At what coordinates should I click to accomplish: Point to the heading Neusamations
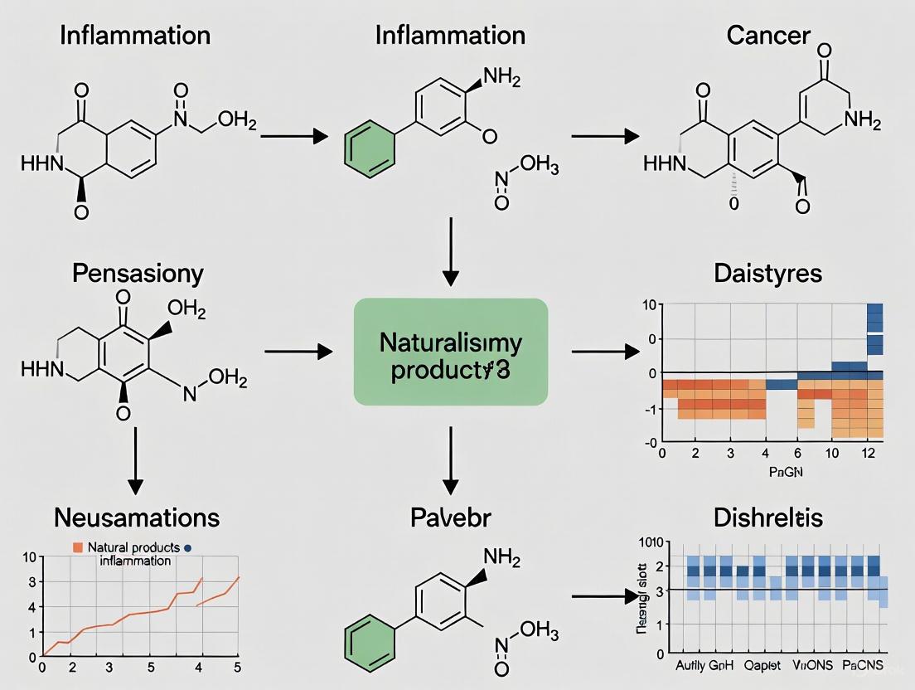click(x=137, y=517)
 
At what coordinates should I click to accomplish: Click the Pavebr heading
click(x=450, y=517)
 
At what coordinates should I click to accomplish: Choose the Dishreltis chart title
click(x=767, y=517)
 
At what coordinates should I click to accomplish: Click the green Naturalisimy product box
click(x=451, y=352)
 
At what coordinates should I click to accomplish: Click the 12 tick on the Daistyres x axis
click(x=867, y=454)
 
